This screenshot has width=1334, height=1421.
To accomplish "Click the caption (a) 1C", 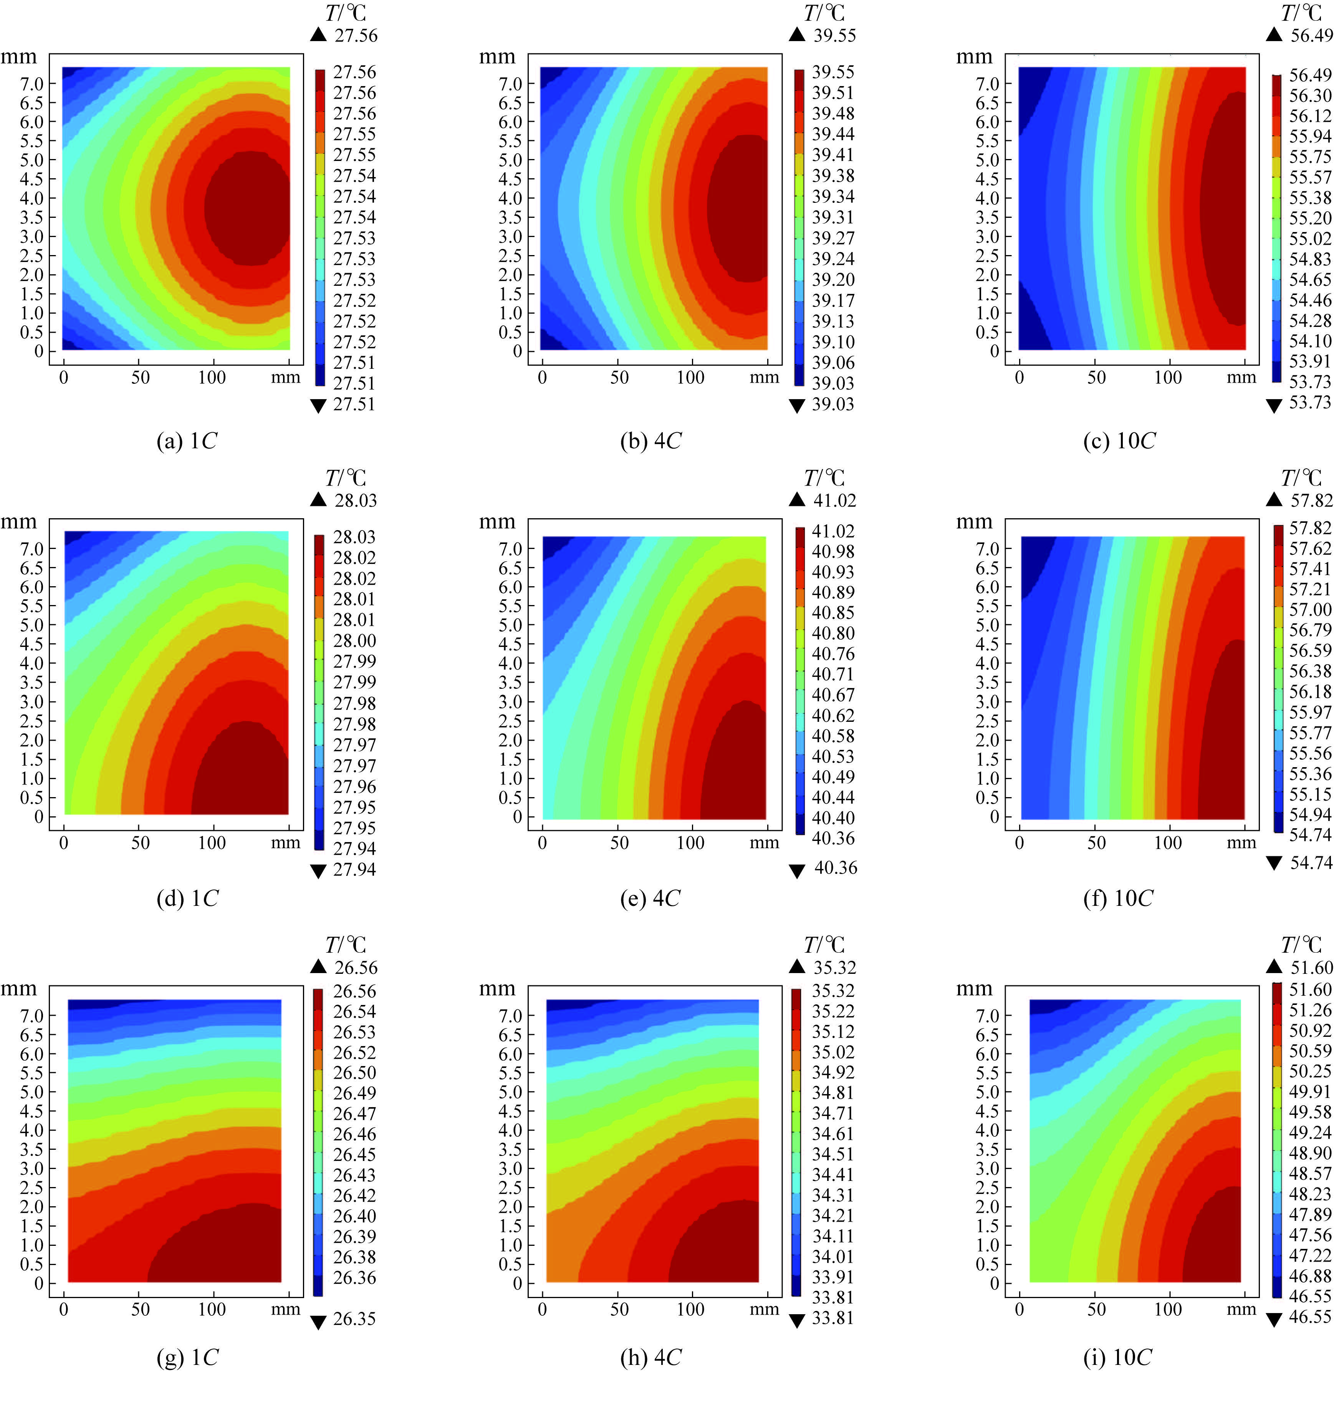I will click(187, 441).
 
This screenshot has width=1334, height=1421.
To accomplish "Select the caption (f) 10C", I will click(1117, 898).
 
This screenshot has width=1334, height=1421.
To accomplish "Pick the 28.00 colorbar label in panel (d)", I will click(354, 640).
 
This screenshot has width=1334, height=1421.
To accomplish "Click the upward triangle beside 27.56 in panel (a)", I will click(318, 34).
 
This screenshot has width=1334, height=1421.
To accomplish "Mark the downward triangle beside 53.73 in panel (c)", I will click(1273, 405).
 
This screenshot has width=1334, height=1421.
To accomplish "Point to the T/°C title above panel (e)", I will click(824, 478).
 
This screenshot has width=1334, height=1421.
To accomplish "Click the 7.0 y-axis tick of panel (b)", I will click(510, 84).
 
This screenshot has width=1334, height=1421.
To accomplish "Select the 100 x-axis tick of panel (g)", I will click(212, 1309).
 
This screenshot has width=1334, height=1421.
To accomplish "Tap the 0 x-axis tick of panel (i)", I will click(1020, 1309).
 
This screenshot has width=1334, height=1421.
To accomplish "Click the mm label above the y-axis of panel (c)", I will click(974, 56).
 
